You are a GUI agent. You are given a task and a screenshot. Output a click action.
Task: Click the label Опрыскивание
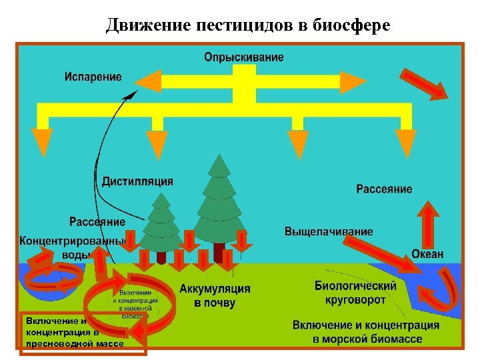[244, 57]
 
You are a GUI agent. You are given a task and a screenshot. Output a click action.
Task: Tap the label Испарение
[93, 76]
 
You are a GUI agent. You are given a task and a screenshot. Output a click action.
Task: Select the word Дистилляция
[137, 181]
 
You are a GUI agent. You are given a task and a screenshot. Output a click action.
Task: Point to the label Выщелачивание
[329, 231]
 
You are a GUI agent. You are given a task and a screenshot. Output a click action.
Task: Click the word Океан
[427, 254]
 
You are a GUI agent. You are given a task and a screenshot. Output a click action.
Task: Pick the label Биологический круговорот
[355, 293]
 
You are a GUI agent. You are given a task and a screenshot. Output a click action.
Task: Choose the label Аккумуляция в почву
[215, 295]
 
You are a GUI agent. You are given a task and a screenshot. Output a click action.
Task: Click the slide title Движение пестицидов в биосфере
[248, 25]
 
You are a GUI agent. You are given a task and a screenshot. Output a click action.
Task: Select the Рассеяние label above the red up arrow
[384, 189]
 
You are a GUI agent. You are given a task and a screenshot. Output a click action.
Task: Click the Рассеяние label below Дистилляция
[97, 221]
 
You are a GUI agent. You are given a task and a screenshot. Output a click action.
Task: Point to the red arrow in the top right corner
[425, 83]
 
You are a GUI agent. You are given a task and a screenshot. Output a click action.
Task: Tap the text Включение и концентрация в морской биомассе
[367, 331]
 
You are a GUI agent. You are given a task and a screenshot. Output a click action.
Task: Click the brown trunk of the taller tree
[219, 252]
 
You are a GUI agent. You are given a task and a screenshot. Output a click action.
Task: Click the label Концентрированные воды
[71, 247]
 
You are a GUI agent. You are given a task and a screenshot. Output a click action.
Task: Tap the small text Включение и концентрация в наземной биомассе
[136, 304]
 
